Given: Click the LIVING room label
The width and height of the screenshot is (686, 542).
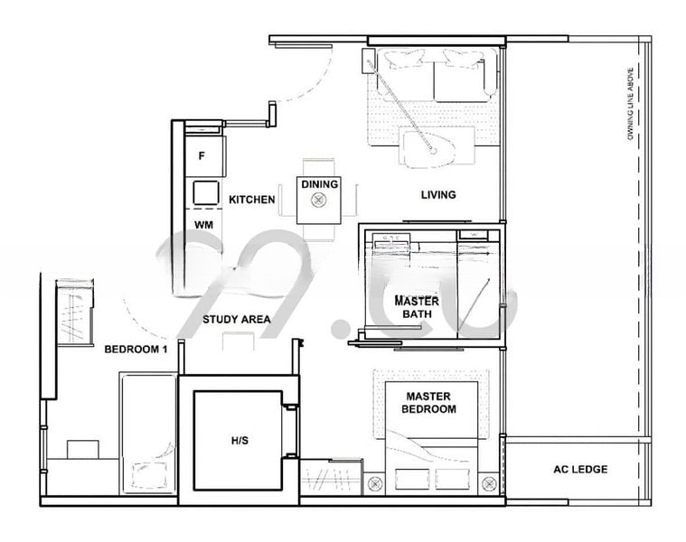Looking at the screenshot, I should click(438, 194).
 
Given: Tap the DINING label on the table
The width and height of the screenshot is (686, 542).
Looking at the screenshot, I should click(319, 184).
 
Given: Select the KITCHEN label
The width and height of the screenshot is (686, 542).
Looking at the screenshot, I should click(251, 199).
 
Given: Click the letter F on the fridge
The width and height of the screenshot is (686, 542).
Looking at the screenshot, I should click(202, 156).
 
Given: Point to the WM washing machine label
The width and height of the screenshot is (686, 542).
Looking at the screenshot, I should click(203, 223).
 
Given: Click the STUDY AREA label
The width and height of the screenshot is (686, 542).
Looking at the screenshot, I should click(237, 319).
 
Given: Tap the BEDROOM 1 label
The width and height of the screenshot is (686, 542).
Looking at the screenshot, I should click(136, 349).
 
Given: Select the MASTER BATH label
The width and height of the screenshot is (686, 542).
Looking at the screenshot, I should click(417, 307).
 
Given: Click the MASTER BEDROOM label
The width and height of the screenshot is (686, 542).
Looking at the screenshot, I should click(428, 403).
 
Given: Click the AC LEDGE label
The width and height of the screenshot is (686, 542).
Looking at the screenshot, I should click(579, 469).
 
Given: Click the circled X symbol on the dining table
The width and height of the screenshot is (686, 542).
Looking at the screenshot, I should click(318, 201).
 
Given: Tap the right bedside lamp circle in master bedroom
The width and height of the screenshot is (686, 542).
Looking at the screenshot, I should click(489, 482).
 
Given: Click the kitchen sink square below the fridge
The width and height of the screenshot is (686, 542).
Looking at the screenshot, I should click(205, 192).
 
